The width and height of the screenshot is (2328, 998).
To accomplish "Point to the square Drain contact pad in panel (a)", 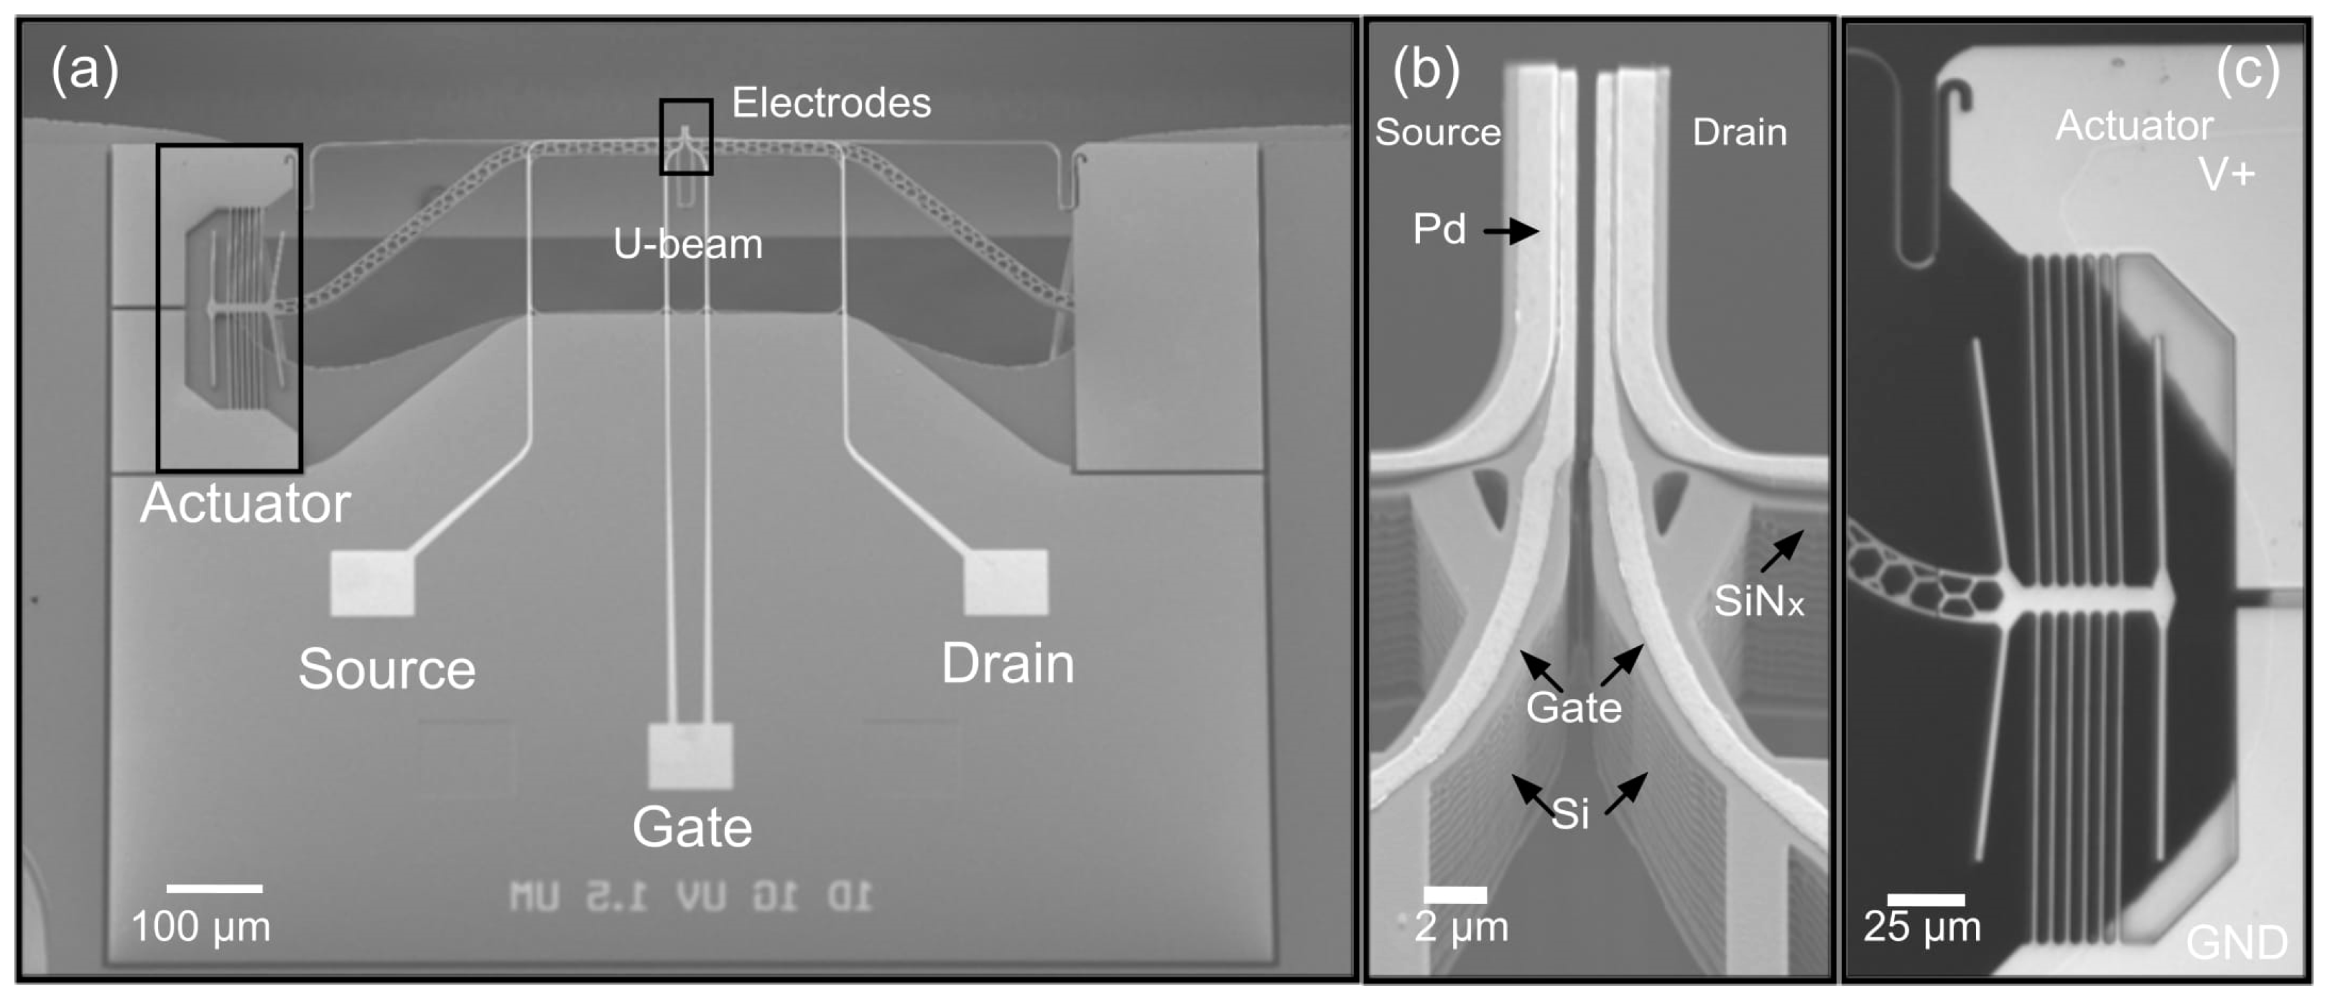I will click(1006, 581).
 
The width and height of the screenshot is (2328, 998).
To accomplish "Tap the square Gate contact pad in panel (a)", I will click(691, 756).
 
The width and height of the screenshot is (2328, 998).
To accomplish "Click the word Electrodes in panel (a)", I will click(831, 102).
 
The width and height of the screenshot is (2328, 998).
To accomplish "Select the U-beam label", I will click(688, 244).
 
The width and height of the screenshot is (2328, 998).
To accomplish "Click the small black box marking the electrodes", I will click(686, 137).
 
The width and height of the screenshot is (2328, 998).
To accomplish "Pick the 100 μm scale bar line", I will click(214, 888).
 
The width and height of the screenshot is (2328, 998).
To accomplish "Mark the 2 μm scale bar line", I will click(1455, 895).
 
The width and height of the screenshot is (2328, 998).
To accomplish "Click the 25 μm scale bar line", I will click(1926, 900).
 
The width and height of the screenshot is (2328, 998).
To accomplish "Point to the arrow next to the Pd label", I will click(1511, 231).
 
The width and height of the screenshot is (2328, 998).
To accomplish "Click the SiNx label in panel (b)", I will click(1759, 601).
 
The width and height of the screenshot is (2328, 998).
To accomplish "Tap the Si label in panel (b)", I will click(1571, 814).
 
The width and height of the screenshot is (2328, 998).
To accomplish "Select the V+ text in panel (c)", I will click(2227, 174).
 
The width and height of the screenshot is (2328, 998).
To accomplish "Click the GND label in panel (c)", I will click(2236, 943).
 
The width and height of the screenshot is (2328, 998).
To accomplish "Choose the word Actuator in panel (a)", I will click(245, 503).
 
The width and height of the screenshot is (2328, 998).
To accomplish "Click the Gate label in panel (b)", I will click(1574, 707).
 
